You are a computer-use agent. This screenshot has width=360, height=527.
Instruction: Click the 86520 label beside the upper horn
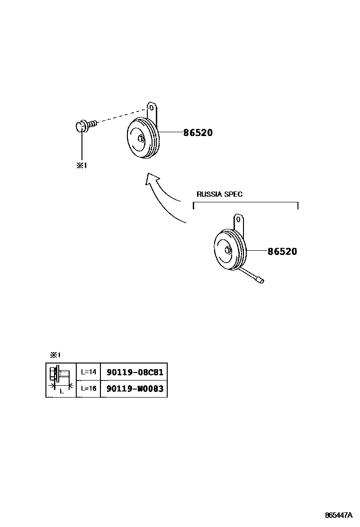(x=198, y=132)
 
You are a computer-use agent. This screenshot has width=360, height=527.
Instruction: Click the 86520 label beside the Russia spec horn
(x=282, y=251)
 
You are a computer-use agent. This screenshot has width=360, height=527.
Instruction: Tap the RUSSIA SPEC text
(x=219, y=194)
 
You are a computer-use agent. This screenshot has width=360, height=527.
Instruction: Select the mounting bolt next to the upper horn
(x=86, y=126)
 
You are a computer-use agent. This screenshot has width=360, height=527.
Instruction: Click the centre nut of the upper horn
(x=141, y=138)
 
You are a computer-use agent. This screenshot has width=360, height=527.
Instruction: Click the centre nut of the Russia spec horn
(x=228, y=250)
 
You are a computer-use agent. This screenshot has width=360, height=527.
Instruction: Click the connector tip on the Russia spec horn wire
(x=261, y=280)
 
